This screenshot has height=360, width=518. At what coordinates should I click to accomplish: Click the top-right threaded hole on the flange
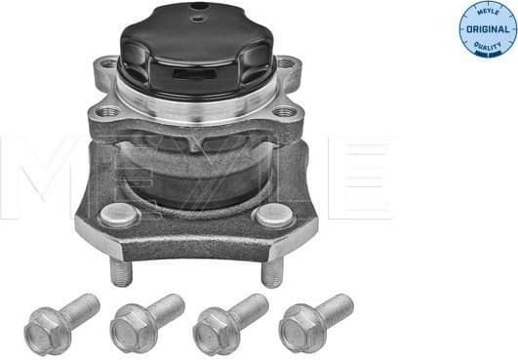[285, 65]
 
